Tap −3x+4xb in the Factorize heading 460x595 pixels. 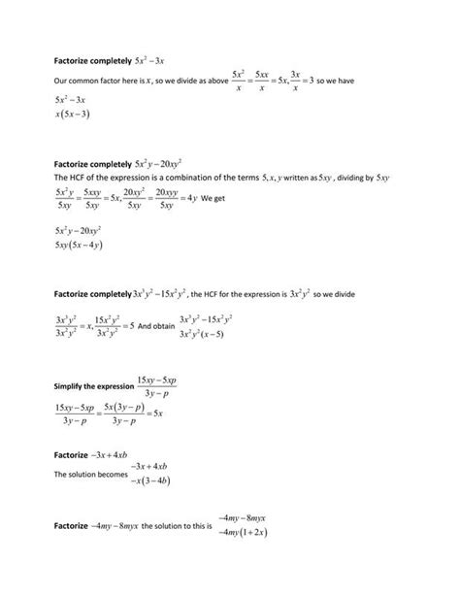click(x=121, y=453)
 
